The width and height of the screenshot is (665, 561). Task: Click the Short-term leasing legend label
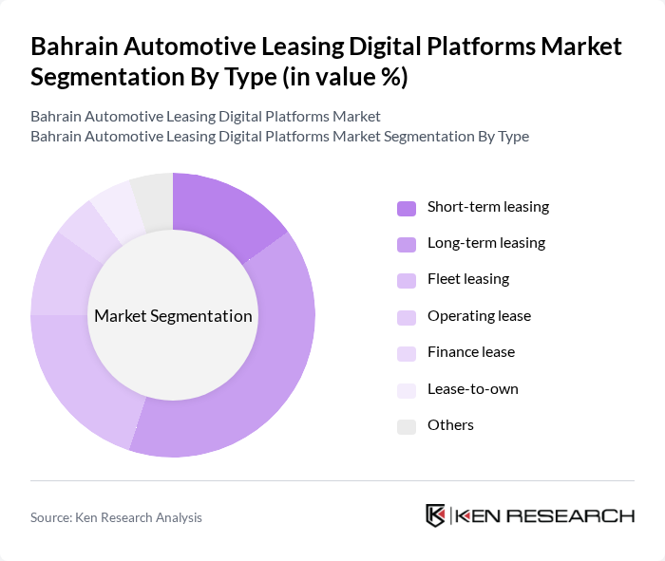pyautogui.click(x=487, y=207)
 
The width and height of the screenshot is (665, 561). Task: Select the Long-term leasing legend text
pyautogui.click(x=485, y=243)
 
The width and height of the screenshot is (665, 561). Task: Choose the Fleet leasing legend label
pyautogui.click(x=467, y=279)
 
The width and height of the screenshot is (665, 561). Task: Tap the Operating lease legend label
pyautogui.click(x=479, y=316)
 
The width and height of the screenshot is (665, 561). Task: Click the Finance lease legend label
pyautogui.click(x=470, y=352)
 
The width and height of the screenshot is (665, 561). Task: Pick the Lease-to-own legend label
pyautogui.click(x=472, y=389)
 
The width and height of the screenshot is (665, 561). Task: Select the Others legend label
pyautogui.click(x=450, y=425)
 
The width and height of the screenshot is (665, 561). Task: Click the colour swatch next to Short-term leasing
pyautogui.click(x=406, y=208)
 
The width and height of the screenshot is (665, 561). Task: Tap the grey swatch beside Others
pyautogui.click(x=406, y=426)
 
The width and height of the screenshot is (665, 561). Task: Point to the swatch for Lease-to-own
pyautogui.click(x=406, y=390)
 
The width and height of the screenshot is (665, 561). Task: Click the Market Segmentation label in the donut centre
pyautogui.click(x=173, y=316)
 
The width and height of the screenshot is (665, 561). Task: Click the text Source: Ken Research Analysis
pyautogui.click(x=116, y=517)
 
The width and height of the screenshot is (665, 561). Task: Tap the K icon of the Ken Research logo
pyautogui.click(x=436, y=515)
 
